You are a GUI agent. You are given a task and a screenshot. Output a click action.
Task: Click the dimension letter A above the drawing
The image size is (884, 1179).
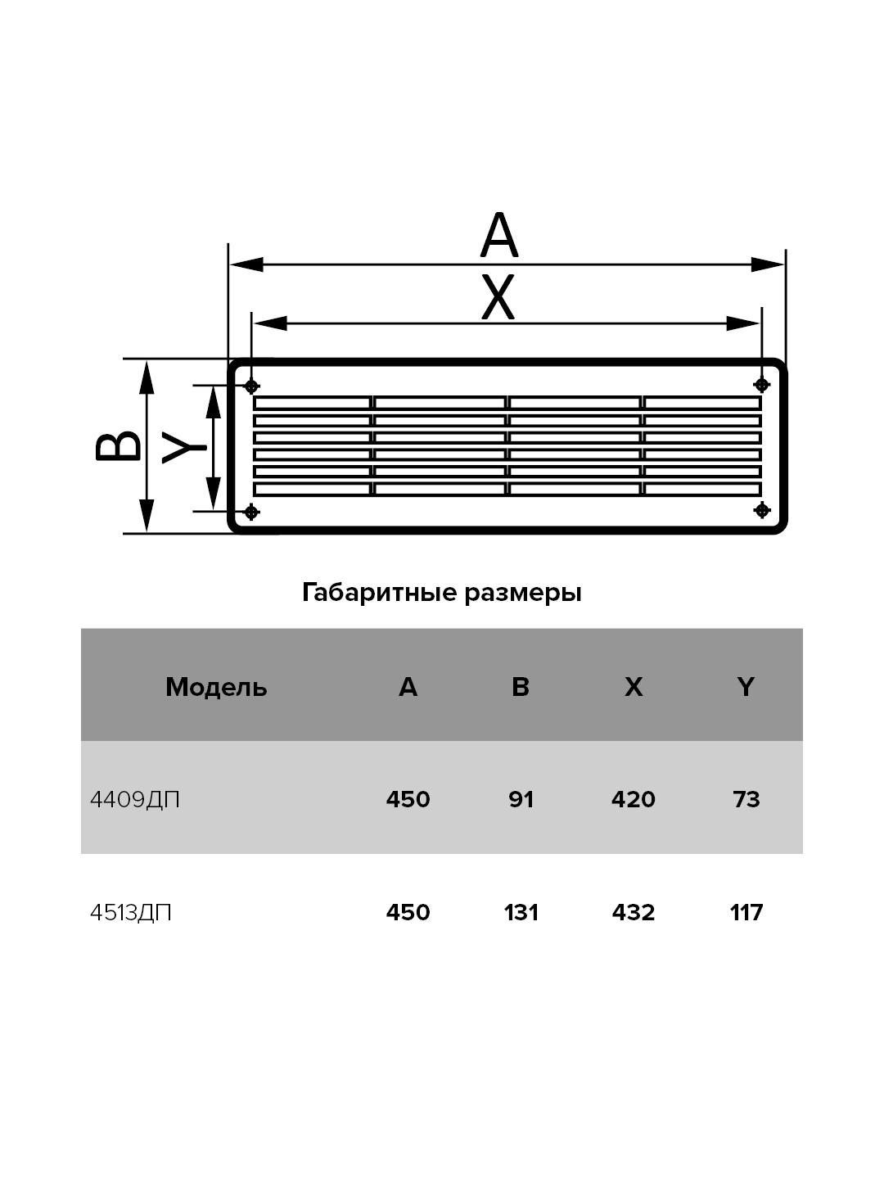[x=499, y=235]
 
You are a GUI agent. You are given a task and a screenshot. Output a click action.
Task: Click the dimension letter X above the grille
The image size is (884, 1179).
[x=498, y=296]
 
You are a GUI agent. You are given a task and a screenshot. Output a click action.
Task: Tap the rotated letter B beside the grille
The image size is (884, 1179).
[x=118, y=446]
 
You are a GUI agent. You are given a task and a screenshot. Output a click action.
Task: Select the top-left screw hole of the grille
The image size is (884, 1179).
[x=251, y=386]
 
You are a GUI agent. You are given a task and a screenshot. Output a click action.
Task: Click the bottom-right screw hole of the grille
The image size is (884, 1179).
[x=762, y=509]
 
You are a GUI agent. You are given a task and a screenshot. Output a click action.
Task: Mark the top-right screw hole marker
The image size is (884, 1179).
[x=762, y=385]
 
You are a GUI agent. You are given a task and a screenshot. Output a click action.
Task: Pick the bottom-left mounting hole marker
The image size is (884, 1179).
[x=251, y=512]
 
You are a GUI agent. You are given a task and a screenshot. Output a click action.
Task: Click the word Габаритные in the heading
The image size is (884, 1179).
[x=380, y=594]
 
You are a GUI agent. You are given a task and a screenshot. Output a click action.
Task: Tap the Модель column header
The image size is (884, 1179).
[x=216, y=687]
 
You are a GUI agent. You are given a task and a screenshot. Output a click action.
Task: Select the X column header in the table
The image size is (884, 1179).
[x=634, y=686]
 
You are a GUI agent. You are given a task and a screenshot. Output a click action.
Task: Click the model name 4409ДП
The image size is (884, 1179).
[x=135, y=800]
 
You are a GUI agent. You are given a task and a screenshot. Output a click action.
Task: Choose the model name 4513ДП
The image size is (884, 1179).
[x=130, y=913]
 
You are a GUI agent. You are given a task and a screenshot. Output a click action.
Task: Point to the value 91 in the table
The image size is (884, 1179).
[x=521, y=800]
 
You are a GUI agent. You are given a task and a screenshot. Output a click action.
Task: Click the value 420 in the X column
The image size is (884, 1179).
[x=634, y=800]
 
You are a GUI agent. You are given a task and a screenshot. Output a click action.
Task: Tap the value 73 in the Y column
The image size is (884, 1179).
[x=746, y=800]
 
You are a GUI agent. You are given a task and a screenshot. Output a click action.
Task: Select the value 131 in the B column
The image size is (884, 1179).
[x=521, y=913]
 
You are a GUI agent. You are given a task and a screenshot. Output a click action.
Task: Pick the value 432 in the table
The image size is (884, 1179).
[x=634, y=913]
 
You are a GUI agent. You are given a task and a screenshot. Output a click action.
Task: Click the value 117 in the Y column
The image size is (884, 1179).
[x=746, y=913]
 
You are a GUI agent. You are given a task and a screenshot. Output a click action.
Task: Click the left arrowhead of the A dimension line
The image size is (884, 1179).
[x=246, y=264]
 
